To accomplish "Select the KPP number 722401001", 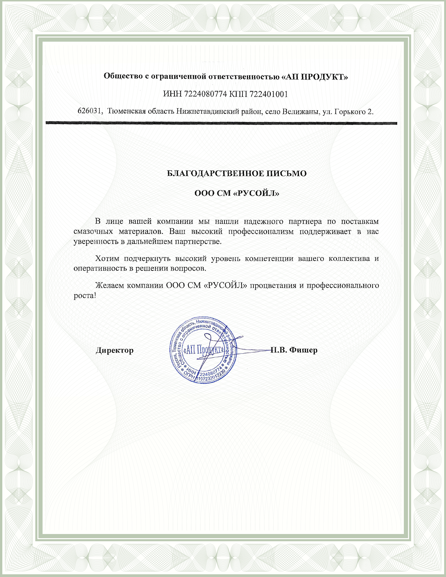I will tap(268, 94).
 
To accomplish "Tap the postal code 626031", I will tap(90, 111).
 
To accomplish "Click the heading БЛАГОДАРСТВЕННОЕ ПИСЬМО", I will tap(237, 173).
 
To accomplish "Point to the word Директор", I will tap(115, 350).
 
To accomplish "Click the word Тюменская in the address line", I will tap(127, 111).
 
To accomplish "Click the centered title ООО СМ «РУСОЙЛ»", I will tap(237, 193).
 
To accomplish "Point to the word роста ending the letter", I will tap(83, 295).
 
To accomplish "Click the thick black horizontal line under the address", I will tap(221, 123).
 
